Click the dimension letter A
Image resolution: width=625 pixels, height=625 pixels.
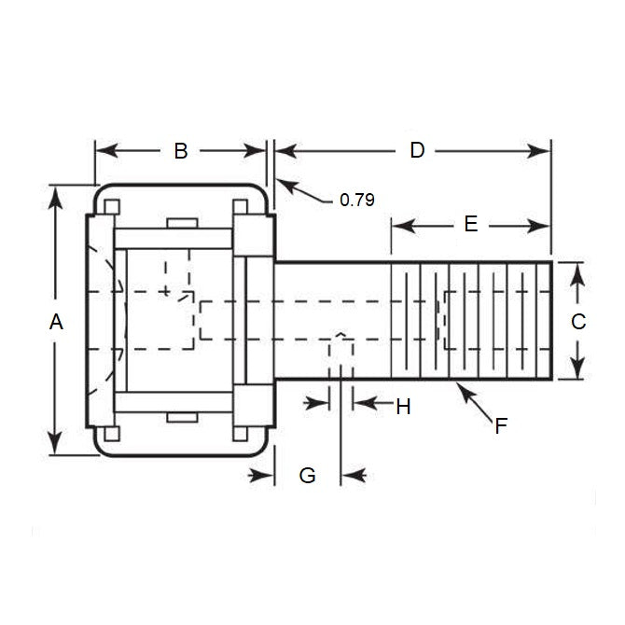pos(56,322)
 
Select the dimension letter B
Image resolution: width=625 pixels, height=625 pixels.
pos(181,150)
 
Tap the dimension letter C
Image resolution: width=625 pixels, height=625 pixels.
pos(578,322)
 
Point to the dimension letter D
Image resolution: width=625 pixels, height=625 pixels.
pos(417,150)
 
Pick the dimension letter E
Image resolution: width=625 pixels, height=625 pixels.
pos(470,224)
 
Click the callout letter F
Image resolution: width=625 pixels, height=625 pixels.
pos(501,426)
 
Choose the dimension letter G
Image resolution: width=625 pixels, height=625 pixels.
pos(307,476)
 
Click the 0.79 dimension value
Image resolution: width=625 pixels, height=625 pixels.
pos(356,199)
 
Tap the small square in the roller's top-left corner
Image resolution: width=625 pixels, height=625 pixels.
pos(112,206)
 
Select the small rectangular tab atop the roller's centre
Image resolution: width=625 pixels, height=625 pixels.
pos(181,223)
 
